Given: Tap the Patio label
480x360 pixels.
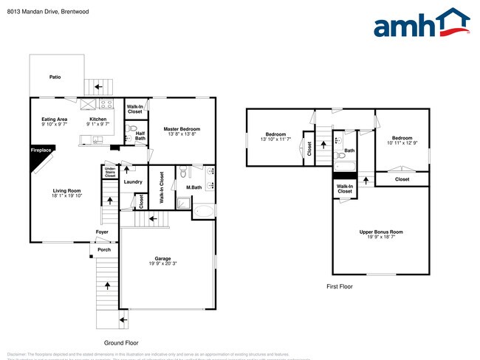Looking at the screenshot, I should pyautogui.click(x=55, y=77).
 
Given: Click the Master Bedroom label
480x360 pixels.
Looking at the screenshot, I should pyautogui.click(x=182, y=129).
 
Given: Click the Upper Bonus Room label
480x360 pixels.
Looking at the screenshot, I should pyautogui.click(x=381, y=232).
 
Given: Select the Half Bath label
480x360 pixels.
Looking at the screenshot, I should pyautogui.click(x=140, y=135).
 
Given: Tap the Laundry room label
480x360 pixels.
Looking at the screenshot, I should pyautogui.click(x=133, y=181).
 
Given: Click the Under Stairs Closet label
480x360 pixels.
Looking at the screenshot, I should pyautogui.click(x=110, y=173).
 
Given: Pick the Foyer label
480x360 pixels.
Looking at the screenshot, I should pyautogui.click(x=102, y=232).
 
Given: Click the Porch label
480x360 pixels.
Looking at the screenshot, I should pyautogui.click(x=103, y=249).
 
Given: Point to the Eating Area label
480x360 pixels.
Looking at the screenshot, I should pyautogui.click(x=54, y=119).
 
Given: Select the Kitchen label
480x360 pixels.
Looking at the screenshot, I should pyautogui.click(x=98, y=119).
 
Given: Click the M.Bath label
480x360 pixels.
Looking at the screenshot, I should pyautogui.click(x=194, y=187).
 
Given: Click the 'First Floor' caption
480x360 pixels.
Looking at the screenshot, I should pyautogui.click(x=340, y=285).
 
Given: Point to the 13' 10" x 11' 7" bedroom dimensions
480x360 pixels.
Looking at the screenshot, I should pyautogui.click(x=275, y=139).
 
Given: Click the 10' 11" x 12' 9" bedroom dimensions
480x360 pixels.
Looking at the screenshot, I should pyautogui.click(x=402, y=142).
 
